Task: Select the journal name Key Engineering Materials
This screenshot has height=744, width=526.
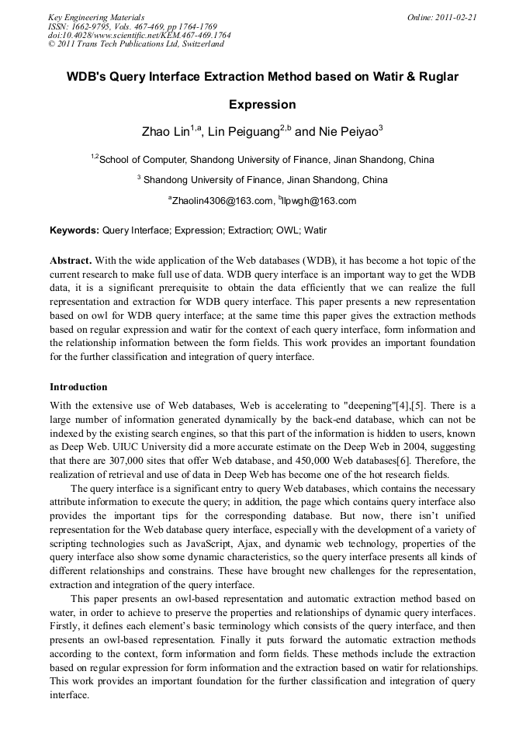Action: click(96, 16)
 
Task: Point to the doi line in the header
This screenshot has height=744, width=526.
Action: click(140, 35)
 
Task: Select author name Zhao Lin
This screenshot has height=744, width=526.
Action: click(165, 132)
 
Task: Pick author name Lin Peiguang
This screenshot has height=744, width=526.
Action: click(244, 132)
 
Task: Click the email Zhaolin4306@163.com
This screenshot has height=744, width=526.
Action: click(222, 201)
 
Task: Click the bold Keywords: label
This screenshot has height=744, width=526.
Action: click(74, 230)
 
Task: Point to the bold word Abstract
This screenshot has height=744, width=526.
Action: click(71, 261)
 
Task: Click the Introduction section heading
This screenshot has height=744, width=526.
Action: click(78, 386)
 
